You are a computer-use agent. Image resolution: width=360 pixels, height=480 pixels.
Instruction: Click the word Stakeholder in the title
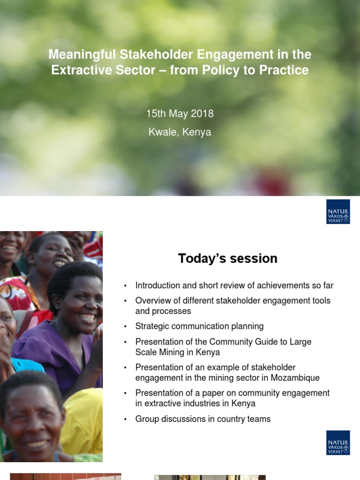[156, 54]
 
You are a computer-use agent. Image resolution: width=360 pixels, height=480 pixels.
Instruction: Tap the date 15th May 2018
[180, 113]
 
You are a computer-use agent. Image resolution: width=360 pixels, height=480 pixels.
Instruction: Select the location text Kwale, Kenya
[180, 132]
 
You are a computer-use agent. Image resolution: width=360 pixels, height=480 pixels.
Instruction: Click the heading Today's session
[228, 258]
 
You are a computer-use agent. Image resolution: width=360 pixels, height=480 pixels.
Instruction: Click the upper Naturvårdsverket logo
[338, 211]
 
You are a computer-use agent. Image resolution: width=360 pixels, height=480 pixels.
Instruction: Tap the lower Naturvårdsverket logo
[338, 442]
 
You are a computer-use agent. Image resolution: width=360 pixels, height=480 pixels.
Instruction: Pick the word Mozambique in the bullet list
[295, 378]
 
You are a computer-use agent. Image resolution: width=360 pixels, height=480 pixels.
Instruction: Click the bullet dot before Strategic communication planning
[125, 327]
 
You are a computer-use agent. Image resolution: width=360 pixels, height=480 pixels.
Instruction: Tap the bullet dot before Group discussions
[125, 420]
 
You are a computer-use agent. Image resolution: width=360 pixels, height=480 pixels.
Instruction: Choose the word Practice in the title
[284, 70]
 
